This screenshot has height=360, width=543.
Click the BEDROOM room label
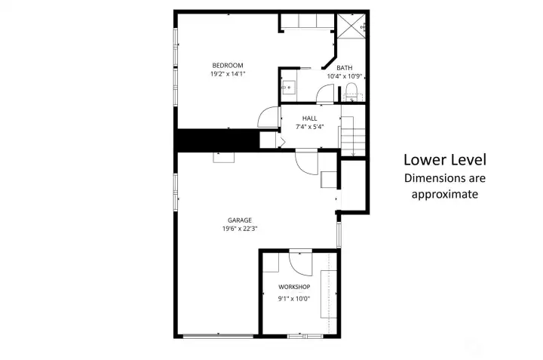(x=227, y=66)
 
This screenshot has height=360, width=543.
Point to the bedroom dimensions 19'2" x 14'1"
(x=227, y=74)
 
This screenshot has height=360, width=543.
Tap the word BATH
(x=345, y=68)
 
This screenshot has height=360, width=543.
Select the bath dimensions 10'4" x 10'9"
(x=345, y=76)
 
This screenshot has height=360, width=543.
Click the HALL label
(x=309, y=118)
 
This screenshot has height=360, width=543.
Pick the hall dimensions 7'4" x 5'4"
(x=309, y=127)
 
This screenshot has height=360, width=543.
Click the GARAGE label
(x=240, y=220)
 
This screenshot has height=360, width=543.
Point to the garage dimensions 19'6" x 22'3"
(x=240, y=229)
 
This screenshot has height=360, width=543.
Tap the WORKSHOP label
(x=294, y=288)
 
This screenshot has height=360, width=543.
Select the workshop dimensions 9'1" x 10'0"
(x=294, y=298)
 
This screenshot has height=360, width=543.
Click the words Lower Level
(x=444, y=160)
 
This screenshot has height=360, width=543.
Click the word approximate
(x=444, y=194)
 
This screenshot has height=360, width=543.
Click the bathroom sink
(x=287, y=88)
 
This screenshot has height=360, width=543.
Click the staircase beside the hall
(x=352, y=136)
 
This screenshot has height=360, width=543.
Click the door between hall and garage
(x=306, y=161)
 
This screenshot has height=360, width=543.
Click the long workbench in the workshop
(x=328, y=295)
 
